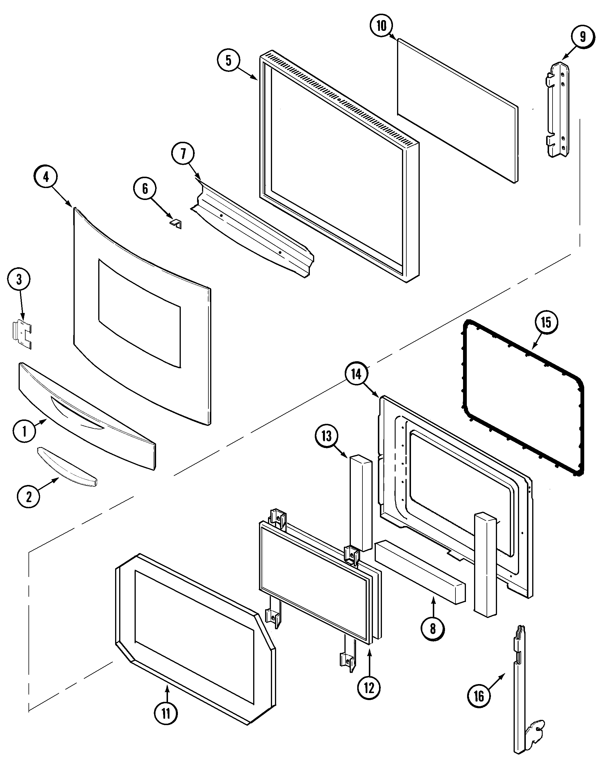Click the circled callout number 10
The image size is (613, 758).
(381, 26)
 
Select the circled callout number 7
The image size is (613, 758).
(183, 154)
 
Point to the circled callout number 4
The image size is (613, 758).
(46, 177)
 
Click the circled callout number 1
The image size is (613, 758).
(24, 431)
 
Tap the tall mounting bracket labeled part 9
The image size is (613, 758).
(558, 110)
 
